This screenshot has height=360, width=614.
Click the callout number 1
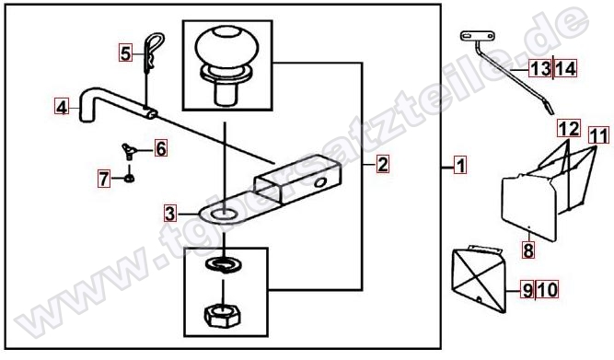pos(460,165)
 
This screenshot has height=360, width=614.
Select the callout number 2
pos(383,164)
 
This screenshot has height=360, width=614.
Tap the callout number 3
pos(170,214)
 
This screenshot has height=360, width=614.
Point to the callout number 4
pos(61,107)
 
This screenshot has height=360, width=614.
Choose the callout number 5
pos(125,53)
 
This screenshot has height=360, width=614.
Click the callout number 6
pos(161,148)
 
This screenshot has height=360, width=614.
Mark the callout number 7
pos(104,179)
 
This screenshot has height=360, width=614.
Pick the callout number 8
pos(528,250)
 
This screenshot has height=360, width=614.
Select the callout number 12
pos(569,129)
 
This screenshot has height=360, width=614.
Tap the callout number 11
pos(599,136)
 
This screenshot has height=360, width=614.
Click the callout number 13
pos(540,69)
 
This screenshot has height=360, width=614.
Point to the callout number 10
pos(548,290)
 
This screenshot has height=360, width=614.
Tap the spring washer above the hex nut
pos(224,265)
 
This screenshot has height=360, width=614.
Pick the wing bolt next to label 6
pos(128,151)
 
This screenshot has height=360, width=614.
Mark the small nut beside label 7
pos(129,179)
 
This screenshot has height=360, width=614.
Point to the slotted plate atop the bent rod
pos(478,36)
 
